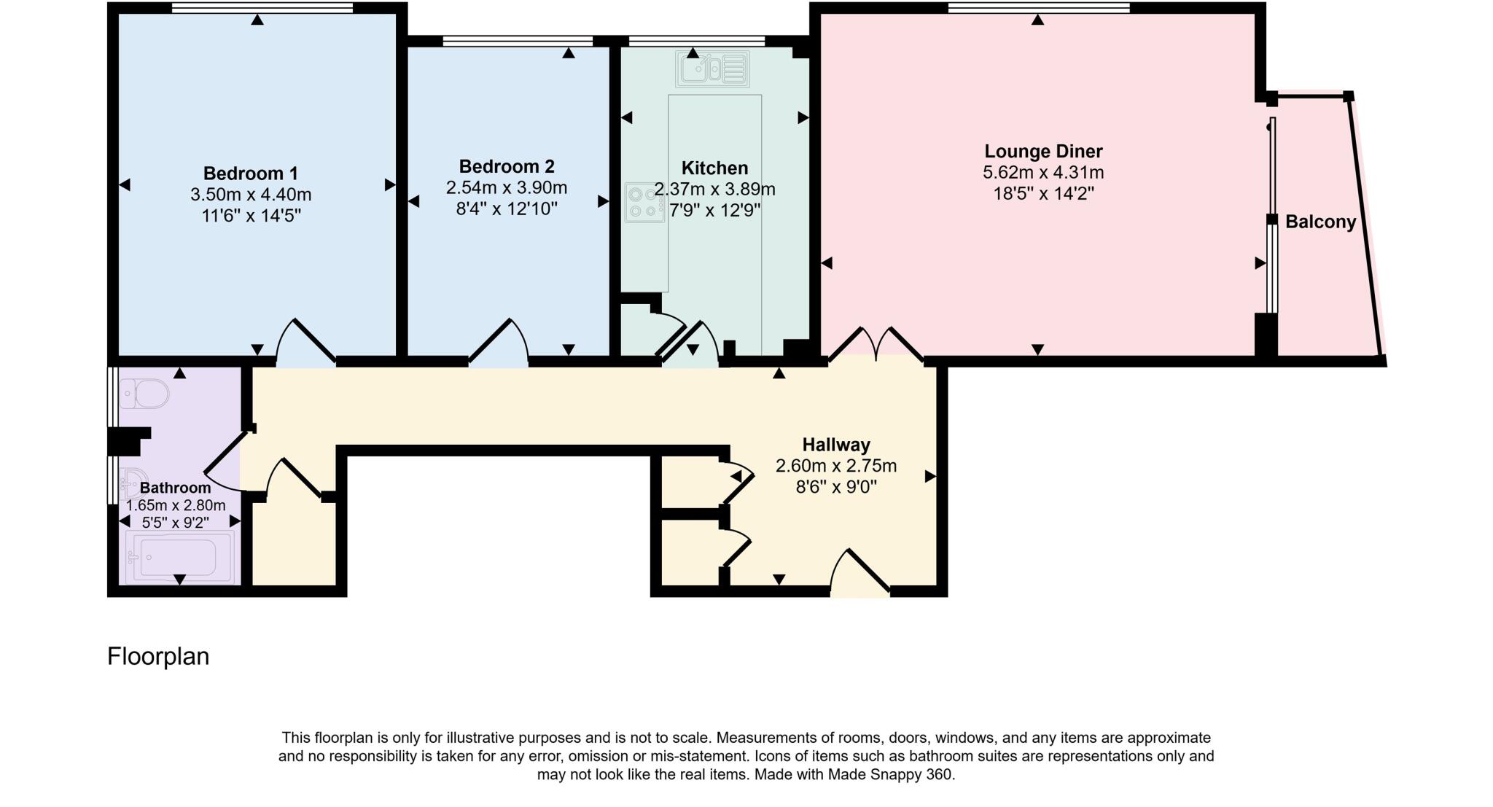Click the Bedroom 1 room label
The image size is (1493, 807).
point(250,174)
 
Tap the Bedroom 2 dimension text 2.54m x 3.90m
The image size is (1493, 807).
point(506,188)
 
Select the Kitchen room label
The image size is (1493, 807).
point(714,168)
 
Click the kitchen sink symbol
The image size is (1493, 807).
point(712,69)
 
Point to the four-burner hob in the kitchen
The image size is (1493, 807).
point(643,203)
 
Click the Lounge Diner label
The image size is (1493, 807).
point(1042,152)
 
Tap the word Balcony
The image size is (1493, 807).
point(1319,222)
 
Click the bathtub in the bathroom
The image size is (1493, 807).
point(180,556)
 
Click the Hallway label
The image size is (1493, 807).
point(835,445)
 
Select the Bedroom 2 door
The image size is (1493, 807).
point(499,343)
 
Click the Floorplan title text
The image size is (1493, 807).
point(158,656)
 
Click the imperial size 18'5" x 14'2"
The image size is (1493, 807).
point(1042,194)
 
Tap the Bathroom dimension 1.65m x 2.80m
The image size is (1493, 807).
point(176,505)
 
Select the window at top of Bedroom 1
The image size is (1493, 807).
point(262,8)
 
